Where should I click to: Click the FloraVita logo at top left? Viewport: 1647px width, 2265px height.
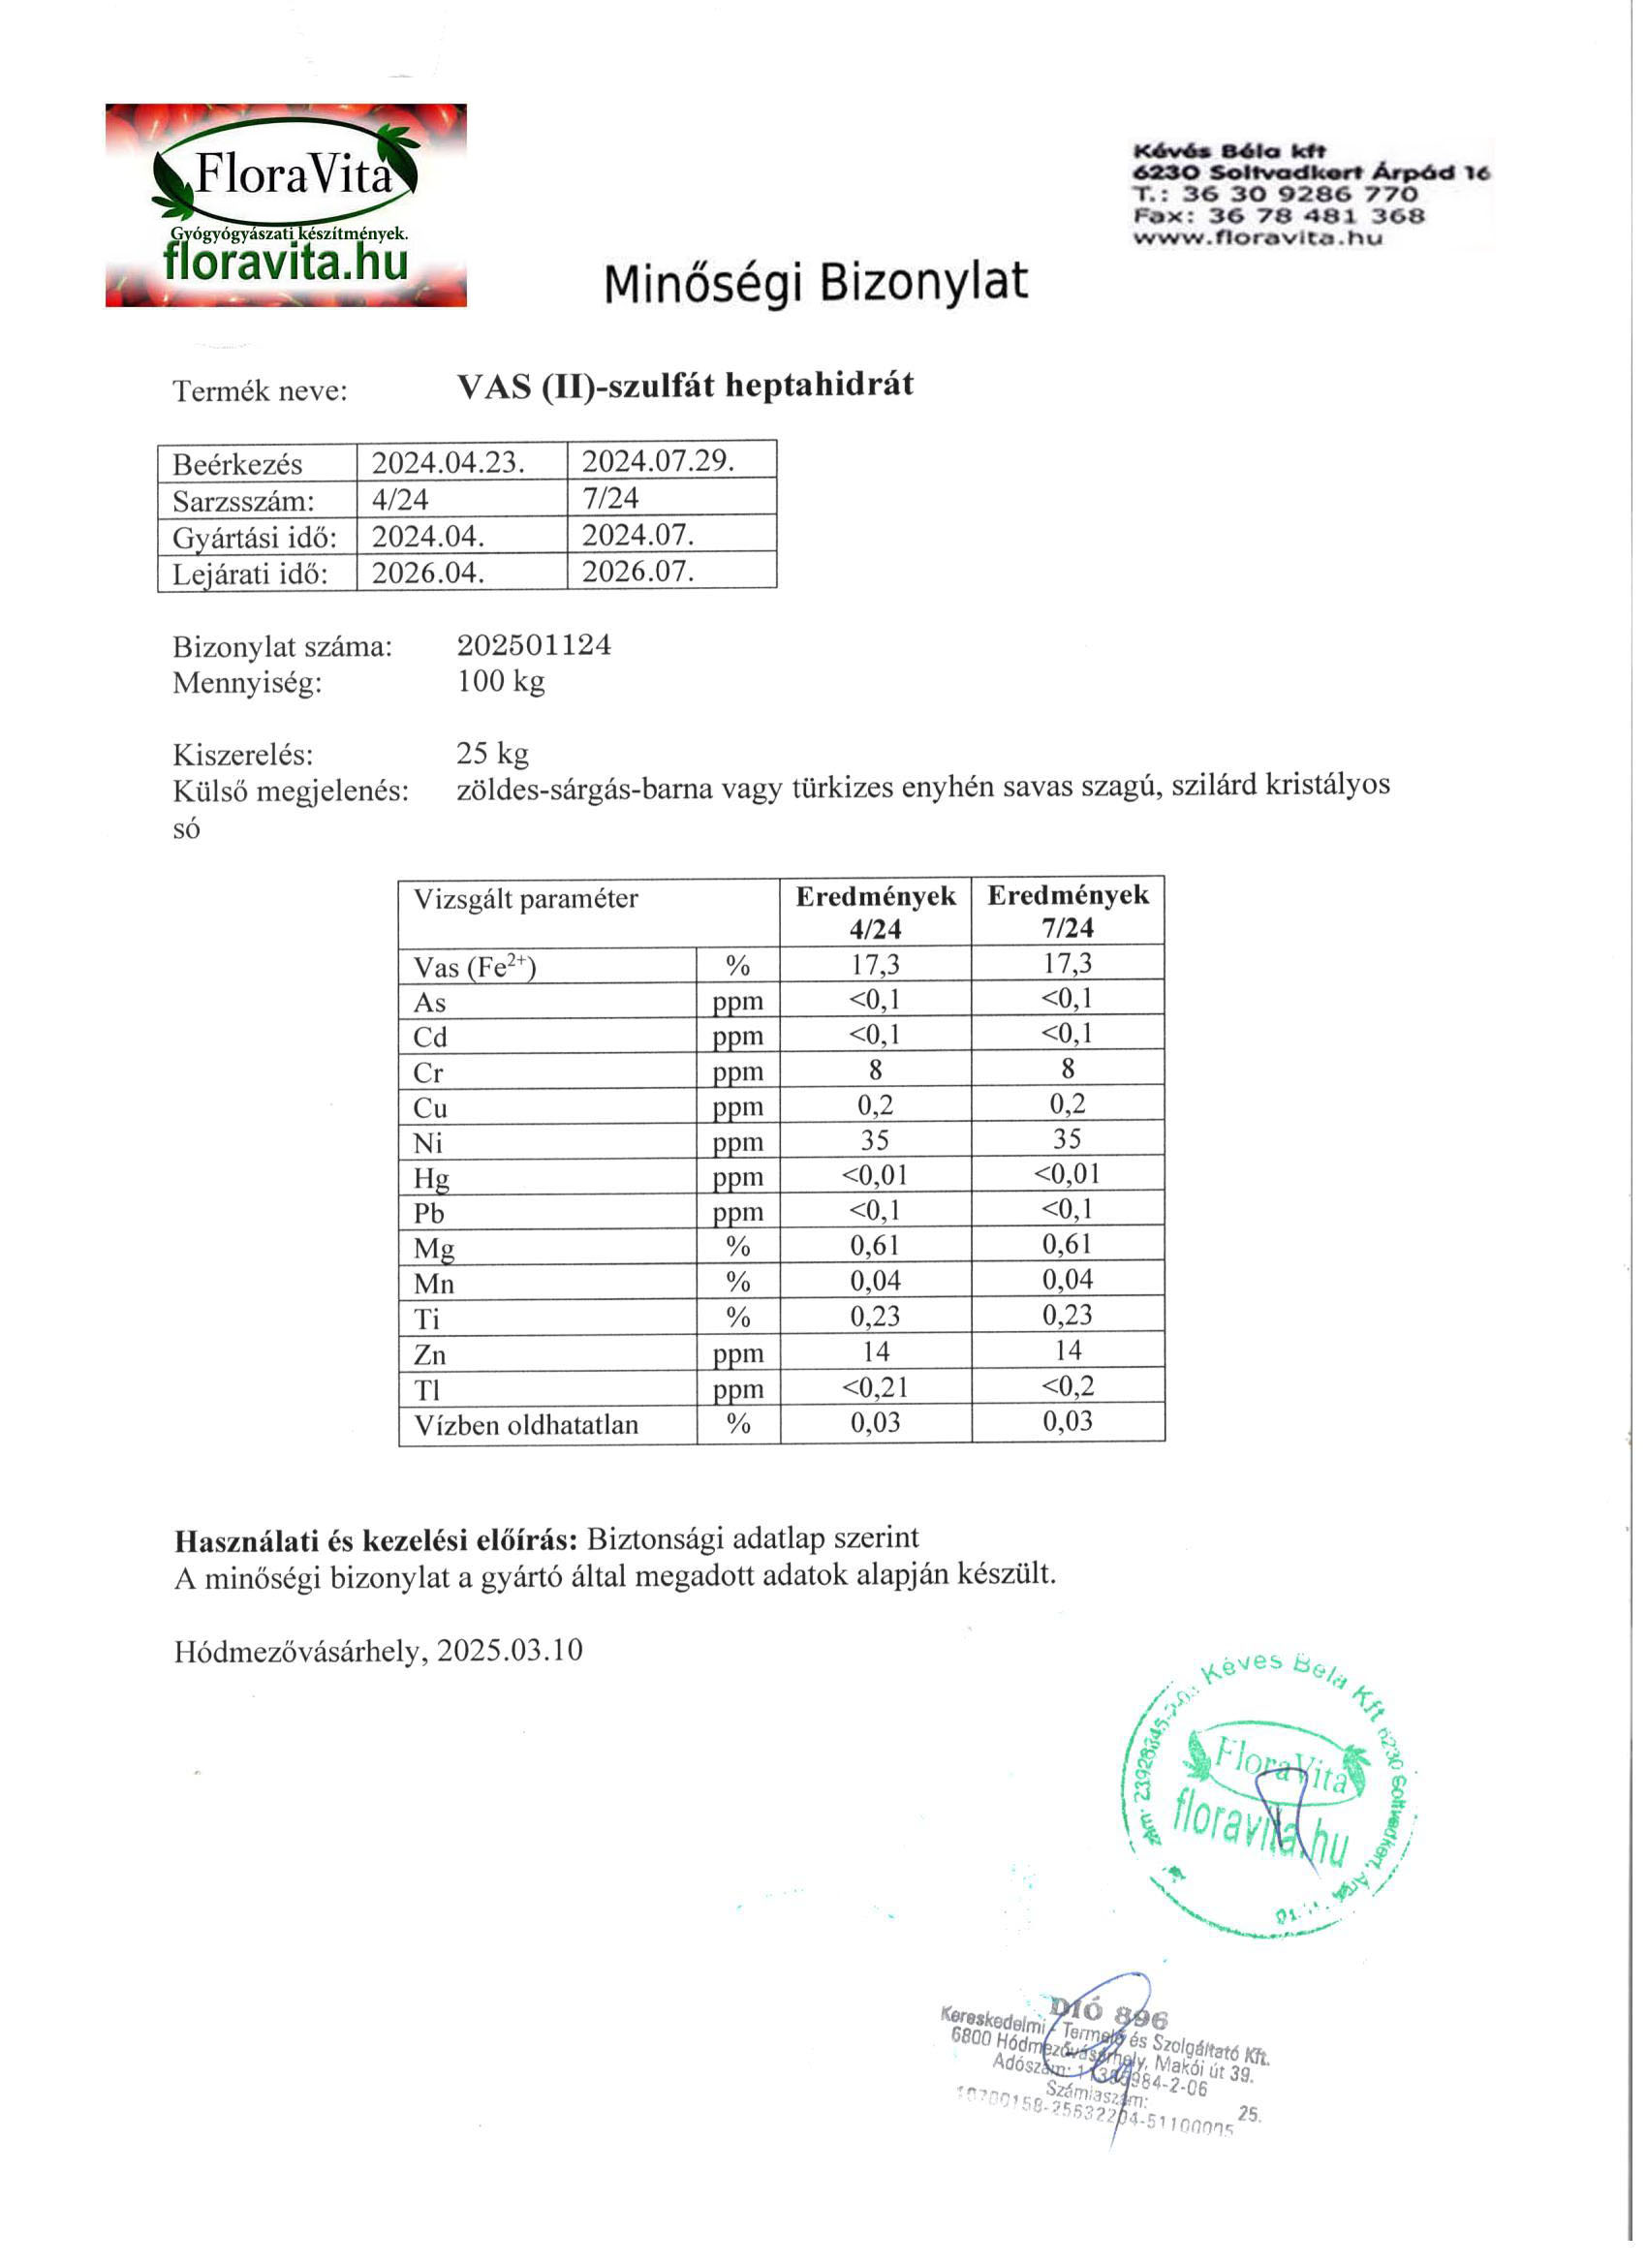[286, 204]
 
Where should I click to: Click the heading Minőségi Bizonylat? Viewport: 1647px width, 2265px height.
[815, 283]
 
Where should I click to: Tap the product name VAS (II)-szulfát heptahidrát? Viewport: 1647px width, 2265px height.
[685, 386]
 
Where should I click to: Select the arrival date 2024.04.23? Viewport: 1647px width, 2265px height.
[449, 463]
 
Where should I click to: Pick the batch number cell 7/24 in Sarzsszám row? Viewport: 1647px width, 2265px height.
[610, 497]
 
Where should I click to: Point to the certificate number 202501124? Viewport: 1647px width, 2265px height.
[534, 645]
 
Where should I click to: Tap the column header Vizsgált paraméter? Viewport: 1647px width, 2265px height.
[525, 899]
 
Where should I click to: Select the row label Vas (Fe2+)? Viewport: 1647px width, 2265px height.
[475, 967]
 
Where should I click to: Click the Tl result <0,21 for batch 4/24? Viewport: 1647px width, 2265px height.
[875, 1387]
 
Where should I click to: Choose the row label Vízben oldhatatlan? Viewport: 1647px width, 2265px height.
[526, 1424]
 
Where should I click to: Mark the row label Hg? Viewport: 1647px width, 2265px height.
[431, 1178]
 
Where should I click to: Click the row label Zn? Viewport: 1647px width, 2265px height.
[430, 1354]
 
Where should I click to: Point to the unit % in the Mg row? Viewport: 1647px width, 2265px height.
[738, 1248]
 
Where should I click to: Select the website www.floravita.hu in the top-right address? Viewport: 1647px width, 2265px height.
[1258, 237]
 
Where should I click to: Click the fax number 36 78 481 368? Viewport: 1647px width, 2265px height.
[1317, 216]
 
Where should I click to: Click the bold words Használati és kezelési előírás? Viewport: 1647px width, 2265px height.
[376, 1540]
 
